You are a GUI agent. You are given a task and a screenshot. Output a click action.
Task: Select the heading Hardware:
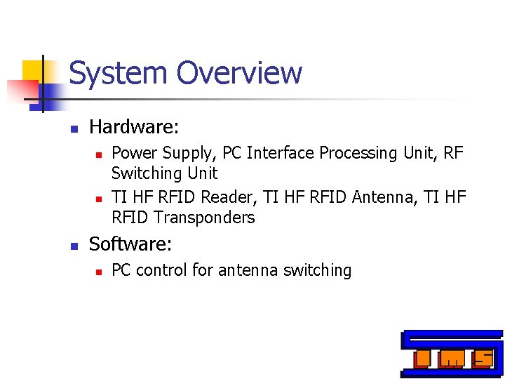click(134, 127)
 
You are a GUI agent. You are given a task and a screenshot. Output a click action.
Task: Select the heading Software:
click(130, 244)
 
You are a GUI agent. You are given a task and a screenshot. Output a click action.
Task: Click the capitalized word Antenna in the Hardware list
click(379, 197)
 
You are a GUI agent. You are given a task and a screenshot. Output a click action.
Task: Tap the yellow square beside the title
click(33, 70)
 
